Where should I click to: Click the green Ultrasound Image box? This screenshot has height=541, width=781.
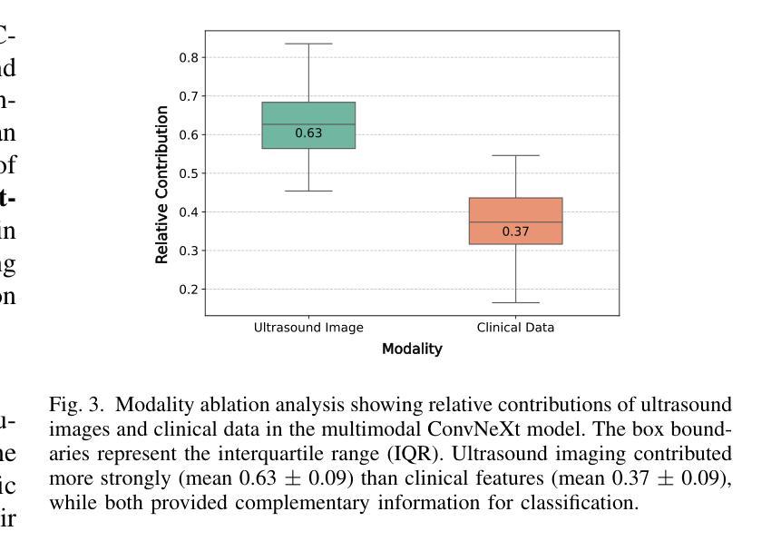308,113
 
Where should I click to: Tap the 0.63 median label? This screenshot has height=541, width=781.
308,133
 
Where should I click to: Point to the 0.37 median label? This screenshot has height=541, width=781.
515,231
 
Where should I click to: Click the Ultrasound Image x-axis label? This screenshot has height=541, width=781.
308,328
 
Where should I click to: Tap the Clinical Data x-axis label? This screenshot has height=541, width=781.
515,328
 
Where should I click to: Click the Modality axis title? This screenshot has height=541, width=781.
412,349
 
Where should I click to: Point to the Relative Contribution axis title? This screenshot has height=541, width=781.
162,184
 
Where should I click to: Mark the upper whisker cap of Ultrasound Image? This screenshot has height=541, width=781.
308,44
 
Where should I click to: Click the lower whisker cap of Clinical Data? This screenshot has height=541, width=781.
515,302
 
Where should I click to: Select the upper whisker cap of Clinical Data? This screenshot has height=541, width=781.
515,155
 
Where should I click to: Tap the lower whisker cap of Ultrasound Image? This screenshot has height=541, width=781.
308,191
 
